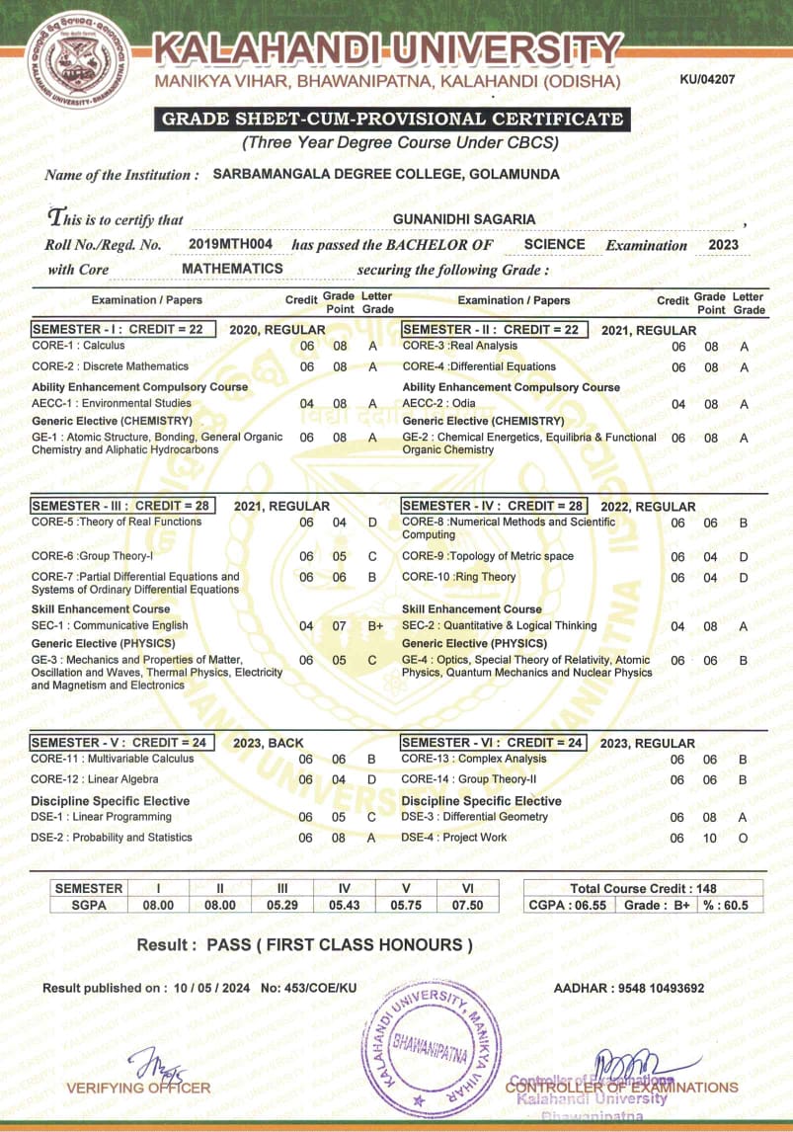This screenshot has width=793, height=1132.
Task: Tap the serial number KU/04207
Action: pyautogui.click(x=708, y=78)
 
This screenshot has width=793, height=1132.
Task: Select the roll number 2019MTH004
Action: pyautogui.click(x=230, y=244)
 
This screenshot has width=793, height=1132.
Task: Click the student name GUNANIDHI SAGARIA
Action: pyautogui.click(x=464, y=218)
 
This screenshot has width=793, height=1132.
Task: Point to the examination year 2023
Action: pyautogui.click(x=723, y=244)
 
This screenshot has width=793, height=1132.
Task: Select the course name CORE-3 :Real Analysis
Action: pyautogui.click(x=459, y=346)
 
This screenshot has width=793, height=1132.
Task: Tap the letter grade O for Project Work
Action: pyautogui.click(x=743, y=838)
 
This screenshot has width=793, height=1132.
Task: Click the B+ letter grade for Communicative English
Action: pyautogui.click(x=375, y=625)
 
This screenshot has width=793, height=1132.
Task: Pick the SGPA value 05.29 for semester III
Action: pyautogui.click(x=281, y=905)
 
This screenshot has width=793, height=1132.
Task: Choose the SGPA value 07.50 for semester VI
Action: pyautogui.click(x=467, y=905)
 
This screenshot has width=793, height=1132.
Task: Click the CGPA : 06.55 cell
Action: pyautogui.click(x=567, y=905)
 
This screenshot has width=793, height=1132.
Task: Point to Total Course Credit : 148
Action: pyautogui.click(x=642, y=888)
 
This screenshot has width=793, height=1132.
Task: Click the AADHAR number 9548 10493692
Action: pyautogui.click(x=656, y=988)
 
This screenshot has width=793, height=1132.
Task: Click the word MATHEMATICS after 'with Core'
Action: pyautogui.click(x=232, y=269)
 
